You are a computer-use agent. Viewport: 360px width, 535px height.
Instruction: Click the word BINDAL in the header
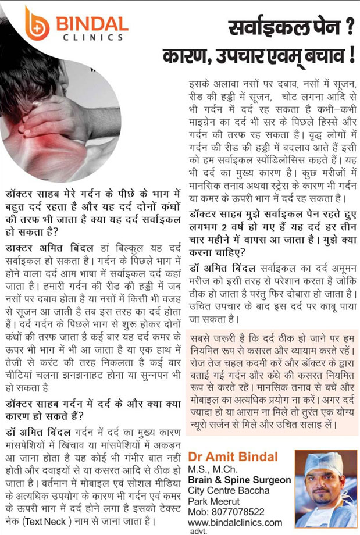91,24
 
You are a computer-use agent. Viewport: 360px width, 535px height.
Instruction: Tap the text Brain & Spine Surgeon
239,480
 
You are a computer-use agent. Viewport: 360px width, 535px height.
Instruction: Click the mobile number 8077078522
245,512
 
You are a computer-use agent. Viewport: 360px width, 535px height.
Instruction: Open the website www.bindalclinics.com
235,522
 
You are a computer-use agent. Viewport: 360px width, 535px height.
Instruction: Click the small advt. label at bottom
198,531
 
